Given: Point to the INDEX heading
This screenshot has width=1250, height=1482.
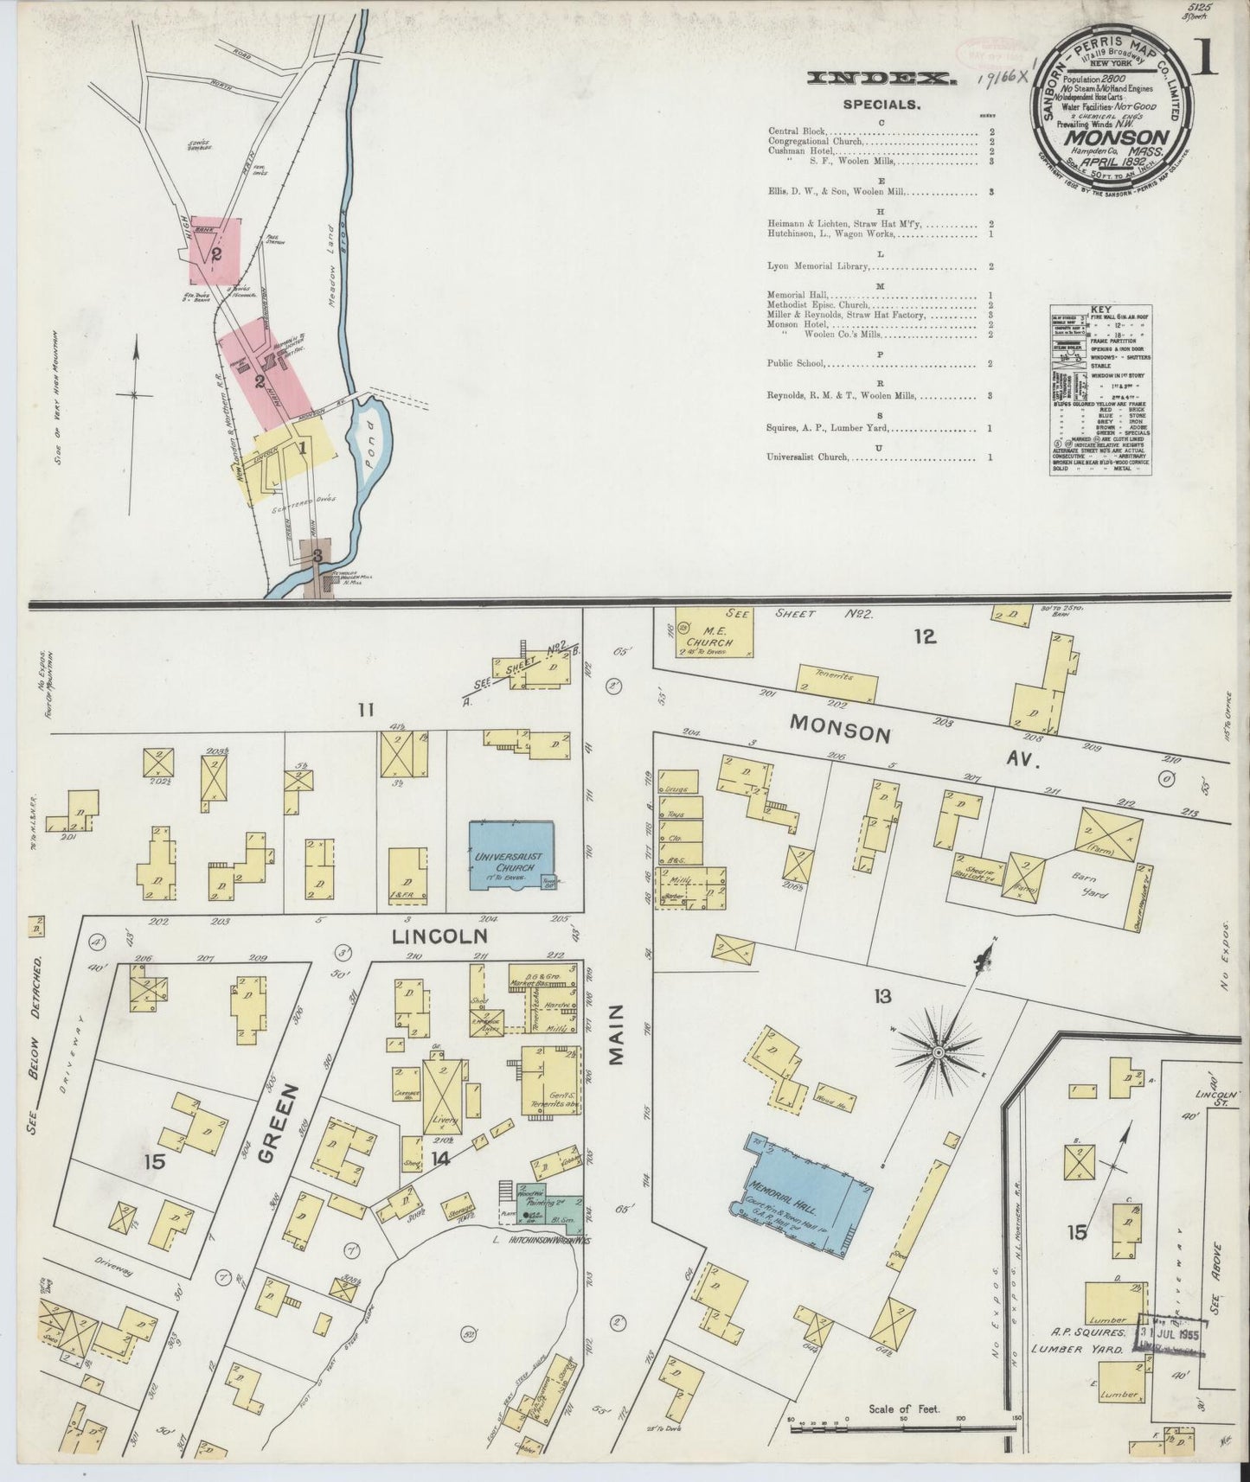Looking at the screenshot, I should pyautogui.click(x=881, y=79).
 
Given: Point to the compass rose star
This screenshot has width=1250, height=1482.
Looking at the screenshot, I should pyautogui.click(x=938, y=1051).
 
